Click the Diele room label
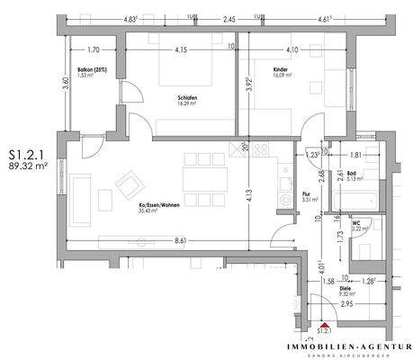(345, 288)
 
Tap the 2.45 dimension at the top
(229, 18)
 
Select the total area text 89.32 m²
(28, 166)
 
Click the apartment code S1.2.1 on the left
(26, 154)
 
